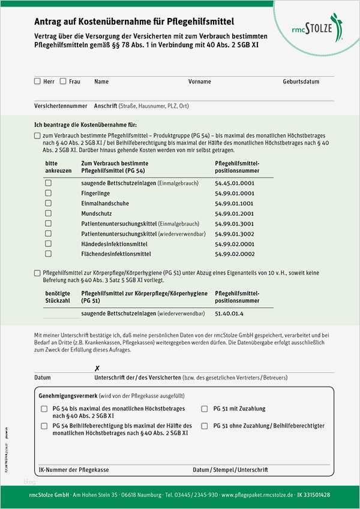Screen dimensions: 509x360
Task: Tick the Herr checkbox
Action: click(x=37, y=81)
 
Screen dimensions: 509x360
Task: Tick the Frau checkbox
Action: click(x=63, y=81)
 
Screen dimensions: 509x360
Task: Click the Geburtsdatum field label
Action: click(x=301, y=82)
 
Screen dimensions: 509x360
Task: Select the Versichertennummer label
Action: click(x=61, y=106)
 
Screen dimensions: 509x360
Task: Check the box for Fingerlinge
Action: click(x=48, y=193)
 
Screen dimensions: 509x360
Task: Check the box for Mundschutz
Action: click(x=48, y=213)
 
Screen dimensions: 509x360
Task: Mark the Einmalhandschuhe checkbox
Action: click(x=48, y=203)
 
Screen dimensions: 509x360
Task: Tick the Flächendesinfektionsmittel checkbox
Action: click(x=48, y=254)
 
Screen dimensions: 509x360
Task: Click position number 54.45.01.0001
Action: click(x=234, y=183)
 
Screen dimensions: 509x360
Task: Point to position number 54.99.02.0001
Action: click(x=234, y=244)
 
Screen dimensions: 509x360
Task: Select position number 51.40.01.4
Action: click(x=229, y=314)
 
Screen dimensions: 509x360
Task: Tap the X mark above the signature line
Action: click(x=97, y=368)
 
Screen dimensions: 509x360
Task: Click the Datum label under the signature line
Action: click(x=43, y=378)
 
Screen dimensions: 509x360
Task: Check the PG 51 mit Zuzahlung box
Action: click(x=205, y=409)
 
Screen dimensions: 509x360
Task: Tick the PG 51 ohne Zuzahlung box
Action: click(x=205, y=426)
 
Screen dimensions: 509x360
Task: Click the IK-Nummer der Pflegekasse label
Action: click(x=73, y=470)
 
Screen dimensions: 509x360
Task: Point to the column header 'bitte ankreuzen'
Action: click(x=53, y=167)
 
